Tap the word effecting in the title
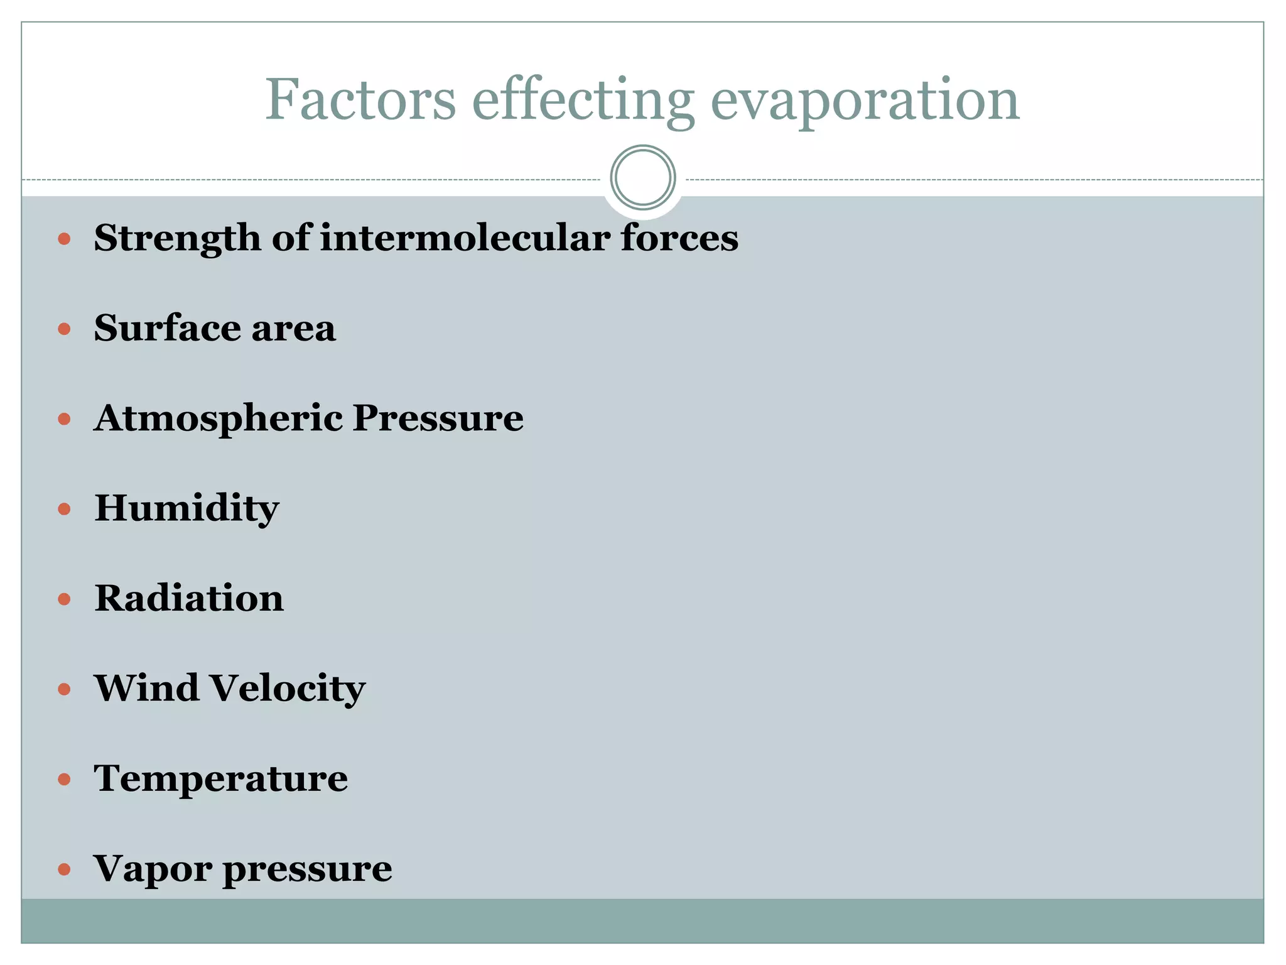[583, 101]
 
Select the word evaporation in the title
[865, 101]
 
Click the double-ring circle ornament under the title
[642, 177]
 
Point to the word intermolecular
[465, 238]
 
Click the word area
[293, 329]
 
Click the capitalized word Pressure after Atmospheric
[438, 418]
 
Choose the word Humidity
[186, 508]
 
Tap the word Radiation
[189, 598]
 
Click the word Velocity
[288, 689]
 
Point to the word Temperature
[221, 779]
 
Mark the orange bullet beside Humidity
[64, 508]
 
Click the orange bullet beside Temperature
[64, 780]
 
